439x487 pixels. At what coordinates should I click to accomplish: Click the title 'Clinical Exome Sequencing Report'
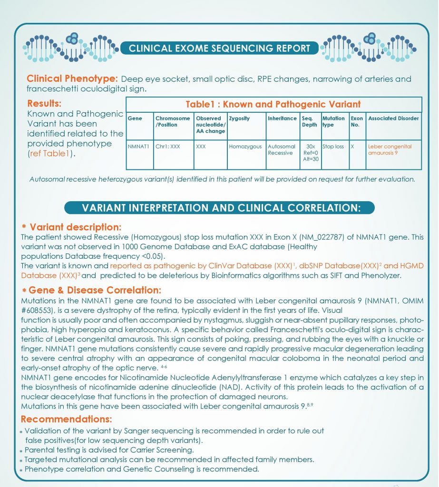(x=219, y=48)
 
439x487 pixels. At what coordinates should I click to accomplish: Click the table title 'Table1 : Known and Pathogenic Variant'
(x=273, y=104)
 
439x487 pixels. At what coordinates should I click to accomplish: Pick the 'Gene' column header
(x=135, y=118)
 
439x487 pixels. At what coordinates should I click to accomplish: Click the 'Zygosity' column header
(x=239, y=118)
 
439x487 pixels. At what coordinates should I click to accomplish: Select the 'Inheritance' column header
(x=282, y=118)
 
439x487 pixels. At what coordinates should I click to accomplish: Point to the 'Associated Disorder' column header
(x=393, y=118)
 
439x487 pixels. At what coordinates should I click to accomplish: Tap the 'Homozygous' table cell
(x=245, y=146)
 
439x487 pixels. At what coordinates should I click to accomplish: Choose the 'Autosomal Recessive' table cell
(x=282, y=150)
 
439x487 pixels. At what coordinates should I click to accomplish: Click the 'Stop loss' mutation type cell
(x=333, y=146)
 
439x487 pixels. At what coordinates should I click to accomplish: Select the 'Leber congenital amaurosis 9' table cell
(x=390, y=150)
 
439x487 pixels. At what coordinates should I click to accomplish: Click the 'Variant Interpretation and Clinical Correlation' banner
(x=219, y=208)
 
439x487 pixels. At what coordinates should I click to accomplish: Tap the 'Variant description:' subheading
(x=75, y=227)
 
